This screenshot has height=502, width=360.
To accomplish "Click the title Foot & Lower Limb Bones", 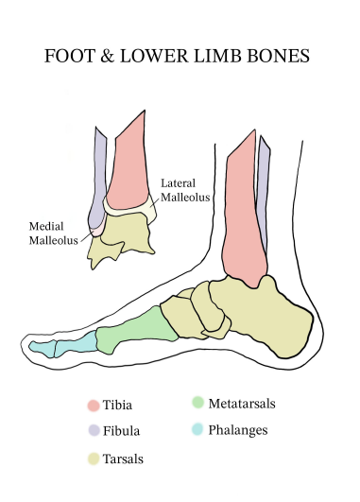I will click(178, 56).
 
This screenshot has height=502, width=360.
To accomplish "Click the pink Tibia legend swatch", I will click(93, 406).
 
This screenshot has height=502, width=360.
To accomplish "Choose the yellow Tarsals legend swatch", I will click(93, 459).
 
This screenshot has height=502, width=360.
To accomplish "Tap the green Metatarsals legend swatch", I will click(197, 403).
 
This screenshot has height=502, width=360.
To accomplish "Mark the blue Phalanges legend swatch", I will click(197, 429).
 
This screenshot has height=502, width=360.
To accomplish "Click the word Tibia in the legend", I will click(119, 406).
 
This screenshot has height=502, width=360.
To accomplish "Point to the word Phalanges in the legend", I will click(239, 429).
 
